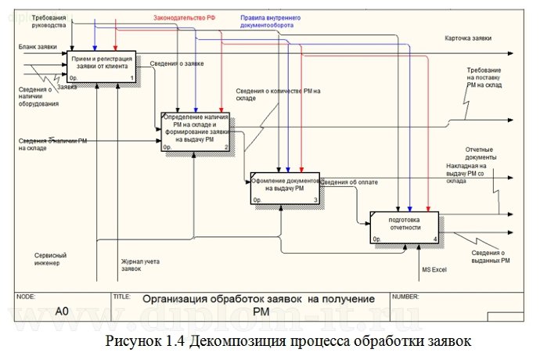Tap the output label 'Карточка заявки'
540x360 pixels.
point(468,38)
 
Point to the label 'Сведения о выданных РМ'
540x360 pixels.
point(491,257)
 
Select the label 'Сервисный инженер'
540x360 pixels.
point(50,258)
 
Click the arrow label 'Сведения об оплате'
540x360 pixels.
point(349,182)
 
